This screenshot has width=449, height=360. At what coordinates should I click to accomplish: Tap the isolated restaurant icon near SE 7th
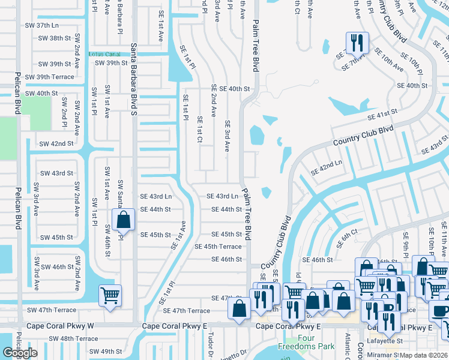pyautogui.click(x=357, y=43)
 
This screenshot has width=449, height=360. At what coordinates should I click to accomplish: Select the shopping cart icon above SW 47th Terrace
pyautogui.click(x=110, y=295)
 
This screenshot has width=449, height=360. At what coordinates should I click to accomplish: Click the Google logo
pyautogui.click(x=20, y=353)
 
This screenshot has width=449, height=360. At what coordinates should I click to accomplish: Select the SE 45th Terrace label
pyautogui.click(x=218, y=247)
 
